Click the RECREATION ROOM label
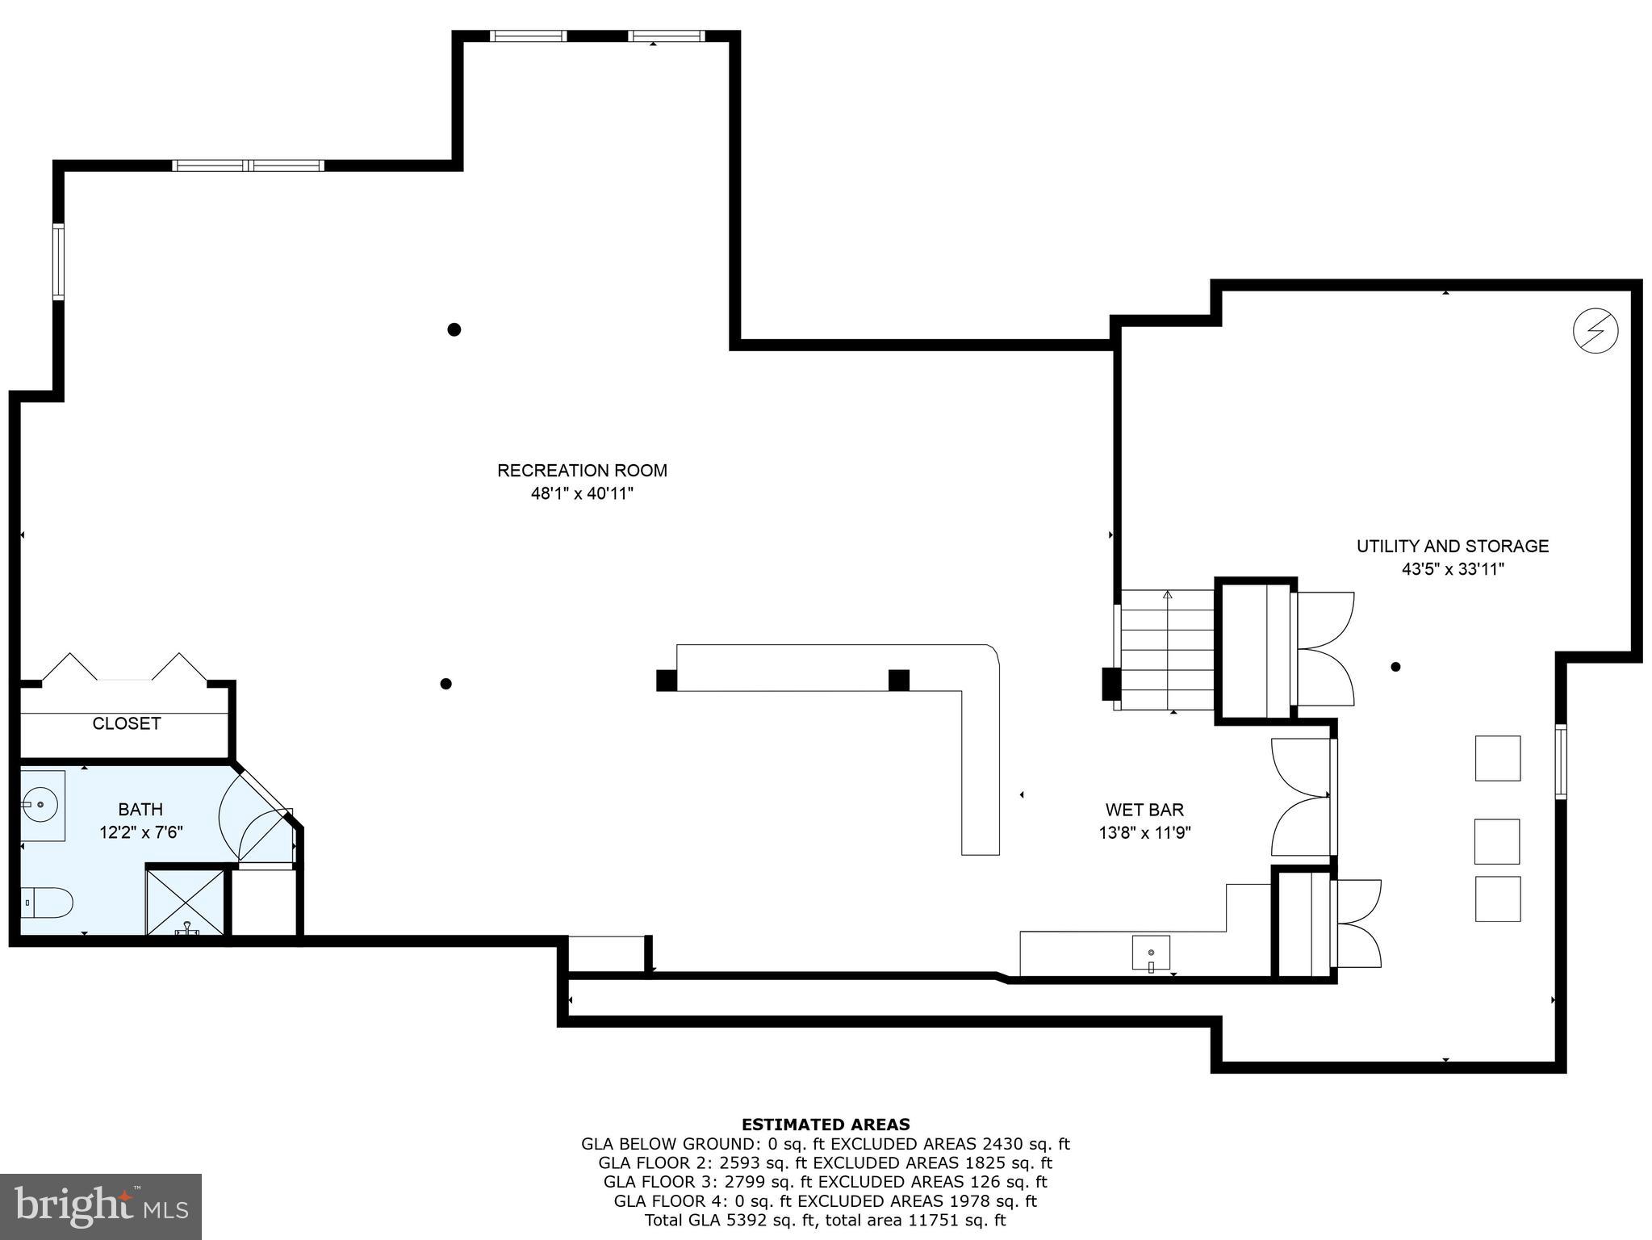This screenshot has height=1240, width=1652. tap(582, 470)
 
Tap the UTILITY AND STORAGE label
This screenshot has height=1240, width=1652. tap(1452, 546)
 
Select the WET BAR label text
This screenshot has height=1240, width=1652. tap(1144, 809)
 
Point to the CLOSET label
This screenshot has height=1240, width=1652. tap(127, 723)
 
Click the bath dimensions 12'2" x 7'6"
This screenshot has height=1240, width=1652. tap(141, 832)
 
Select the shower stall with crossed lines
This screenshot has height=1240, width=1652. tap(186, 899)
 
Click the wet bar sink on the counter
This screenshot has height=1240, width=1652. tap(1151, 953)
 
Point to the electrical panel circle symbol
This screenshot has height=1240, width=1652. tap(1596, 330)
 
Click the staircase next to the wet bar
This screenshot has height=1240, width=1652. tap(1167, 650)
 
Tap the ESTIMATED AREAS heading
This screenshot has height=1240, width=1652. tap(825, 1124)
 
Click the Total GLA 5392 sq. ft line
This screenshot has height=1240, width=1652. tap(825, 1220)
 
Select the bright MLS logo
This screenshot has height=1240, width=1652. tap(101, 1206)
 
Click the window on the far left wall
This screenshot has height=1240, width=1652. tap(58, 262)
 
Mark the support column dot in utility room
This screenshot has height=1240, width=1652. tap(1395, 667)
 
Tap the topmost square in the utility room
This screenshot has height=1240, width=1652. tap(1497, 758)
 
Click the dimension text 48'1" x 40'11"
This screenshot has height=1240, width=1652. tap(582, 493)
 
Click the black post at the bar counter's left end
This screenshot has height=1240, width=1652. tap(667, 681)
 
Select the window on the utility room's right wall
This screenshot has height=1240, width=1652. tap(1561, 762)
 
